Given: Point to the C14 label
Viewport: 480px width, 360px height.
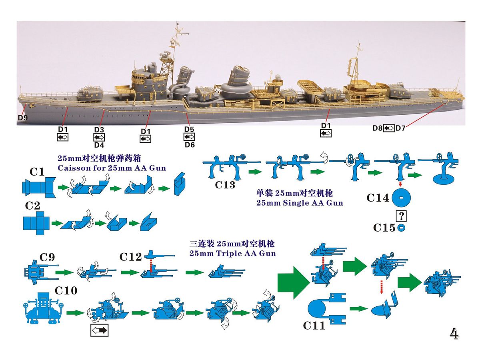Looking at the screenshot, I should click(x=378, y=198).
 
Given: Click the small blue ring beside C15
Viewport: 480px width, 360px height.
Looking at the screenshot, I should click(x=401, y=228).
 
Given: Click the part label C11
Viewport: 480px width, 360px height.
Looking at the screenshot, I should click(x=314, y=325).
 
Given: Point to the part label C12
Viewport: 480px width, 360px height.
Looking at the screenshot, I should click(x=131, y=257).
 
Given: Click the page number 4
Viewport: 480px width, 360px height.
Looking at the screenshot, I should click(x=454, y=334).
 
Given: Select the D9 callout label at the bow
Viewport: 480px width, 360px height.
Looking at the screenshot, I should click(x=23, y=118).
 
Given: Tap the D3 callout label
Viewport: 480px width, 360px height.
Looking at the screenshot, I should click(x=99, y=130).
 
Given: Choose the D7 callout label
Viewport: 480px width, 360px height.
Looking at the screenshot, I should click(x=401, y=128).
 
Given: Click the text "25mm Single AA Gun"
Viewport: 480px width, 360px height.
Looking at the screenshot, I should click(x=300, y=203).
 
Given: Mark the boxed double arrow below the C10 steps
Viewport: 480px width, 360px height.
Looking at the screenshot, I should click(x=100, y=330).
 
